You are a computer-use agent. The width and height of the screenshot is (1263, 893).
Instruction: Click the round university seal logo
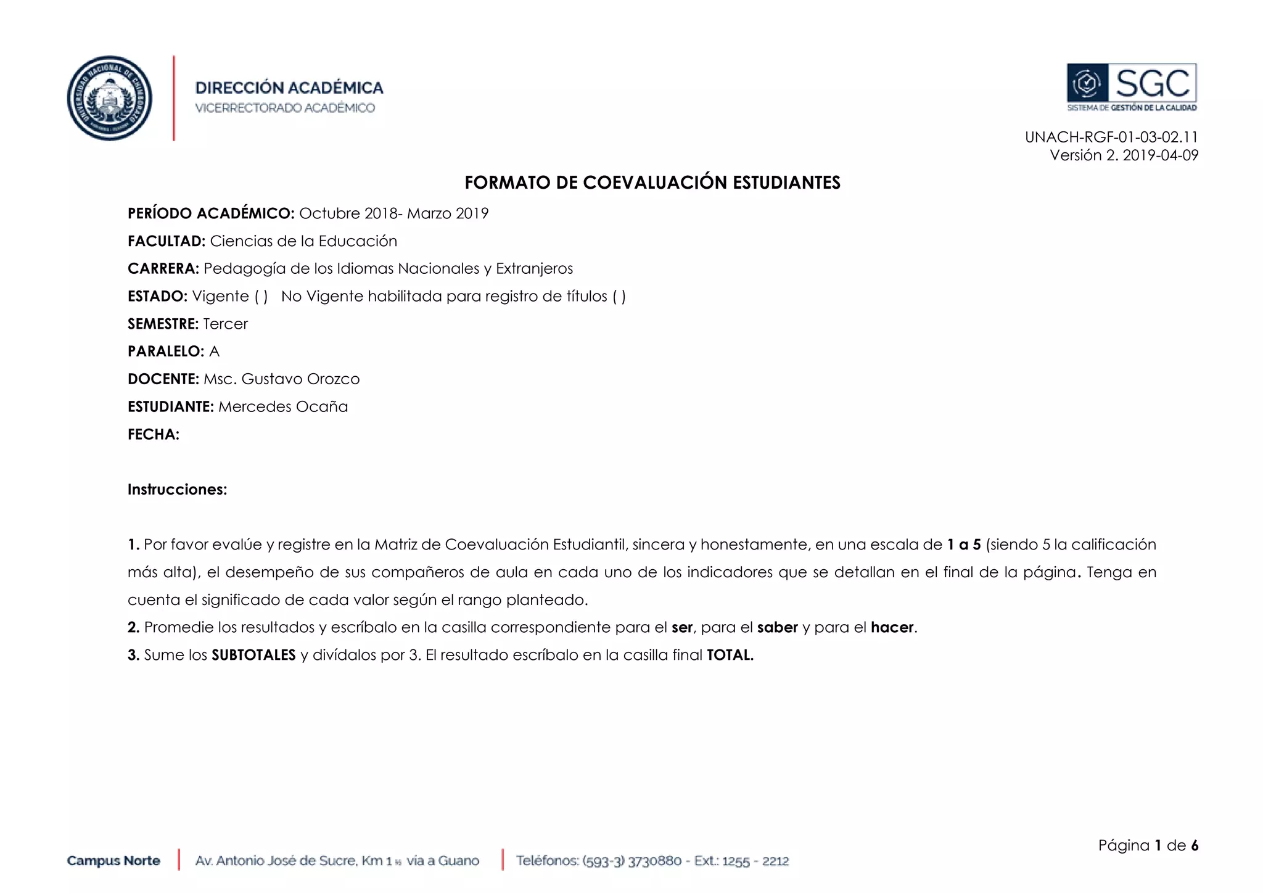click(x=110, y=98)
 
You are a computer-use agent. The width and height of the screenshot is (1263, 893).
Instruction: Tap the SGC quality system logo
click(x=1132, y=86)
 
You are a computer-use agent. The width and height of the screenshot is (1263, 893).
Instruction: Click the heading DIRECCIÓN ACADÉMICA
click(x=289, y=88)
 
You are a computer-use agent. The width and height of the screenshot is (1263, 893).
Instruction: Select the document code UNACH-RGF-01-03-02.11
click(x=1111, y=137)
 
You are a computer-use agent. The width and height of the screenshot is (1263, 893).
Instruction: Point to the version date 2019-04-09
click(x=1160, y=155)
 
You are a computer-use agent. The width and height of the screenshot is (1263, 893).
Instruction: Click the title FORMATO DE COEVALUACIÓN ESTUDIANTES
click(x=652, y=183)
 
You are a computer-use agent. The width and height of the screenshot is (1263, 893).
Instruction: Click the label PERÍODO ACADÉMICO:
click(x=211, y=213)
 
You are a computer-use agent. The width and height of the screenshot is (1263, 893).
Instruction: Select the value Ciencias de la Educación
click(x=303, y=241)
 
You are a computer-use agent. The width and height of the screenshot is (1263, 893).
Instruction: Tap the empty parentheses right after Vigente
click(x=261, y=297)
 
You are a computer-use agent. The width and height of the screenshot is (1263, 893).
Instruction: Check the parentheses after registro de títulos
click(x=619, y=297)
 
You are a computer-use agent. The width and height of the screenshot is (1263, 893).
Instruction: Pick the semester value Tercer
click(x=225, y=324)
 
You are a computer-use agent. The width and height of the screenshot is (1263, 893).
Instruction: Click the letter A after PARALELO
click(x=215, y=352)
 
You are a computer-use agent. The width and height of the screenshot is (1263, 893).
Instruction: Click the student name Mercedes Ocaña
click(x=283, y=407)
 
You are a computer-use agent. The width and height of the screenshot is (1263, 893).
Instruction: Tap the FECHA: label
click(x=154, y=435)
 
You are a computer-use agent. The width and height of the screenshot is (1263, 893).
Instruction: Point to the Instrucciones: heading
click(x=177, y=490)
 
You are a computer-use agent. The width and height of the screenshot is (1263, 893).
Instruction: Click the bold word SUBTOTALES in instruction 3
click(x=253, y=655)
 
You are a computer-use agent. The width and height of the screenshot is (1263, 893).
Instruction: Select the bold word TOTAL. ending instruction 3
click(x=730, y=655)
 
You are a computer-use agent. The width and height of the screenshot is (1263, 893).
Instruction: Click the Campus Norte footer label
click(x=113, y=860)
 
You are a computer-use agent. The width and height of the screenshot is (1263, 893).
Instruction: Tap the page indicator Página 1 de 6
click(x=1148, y=846)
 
